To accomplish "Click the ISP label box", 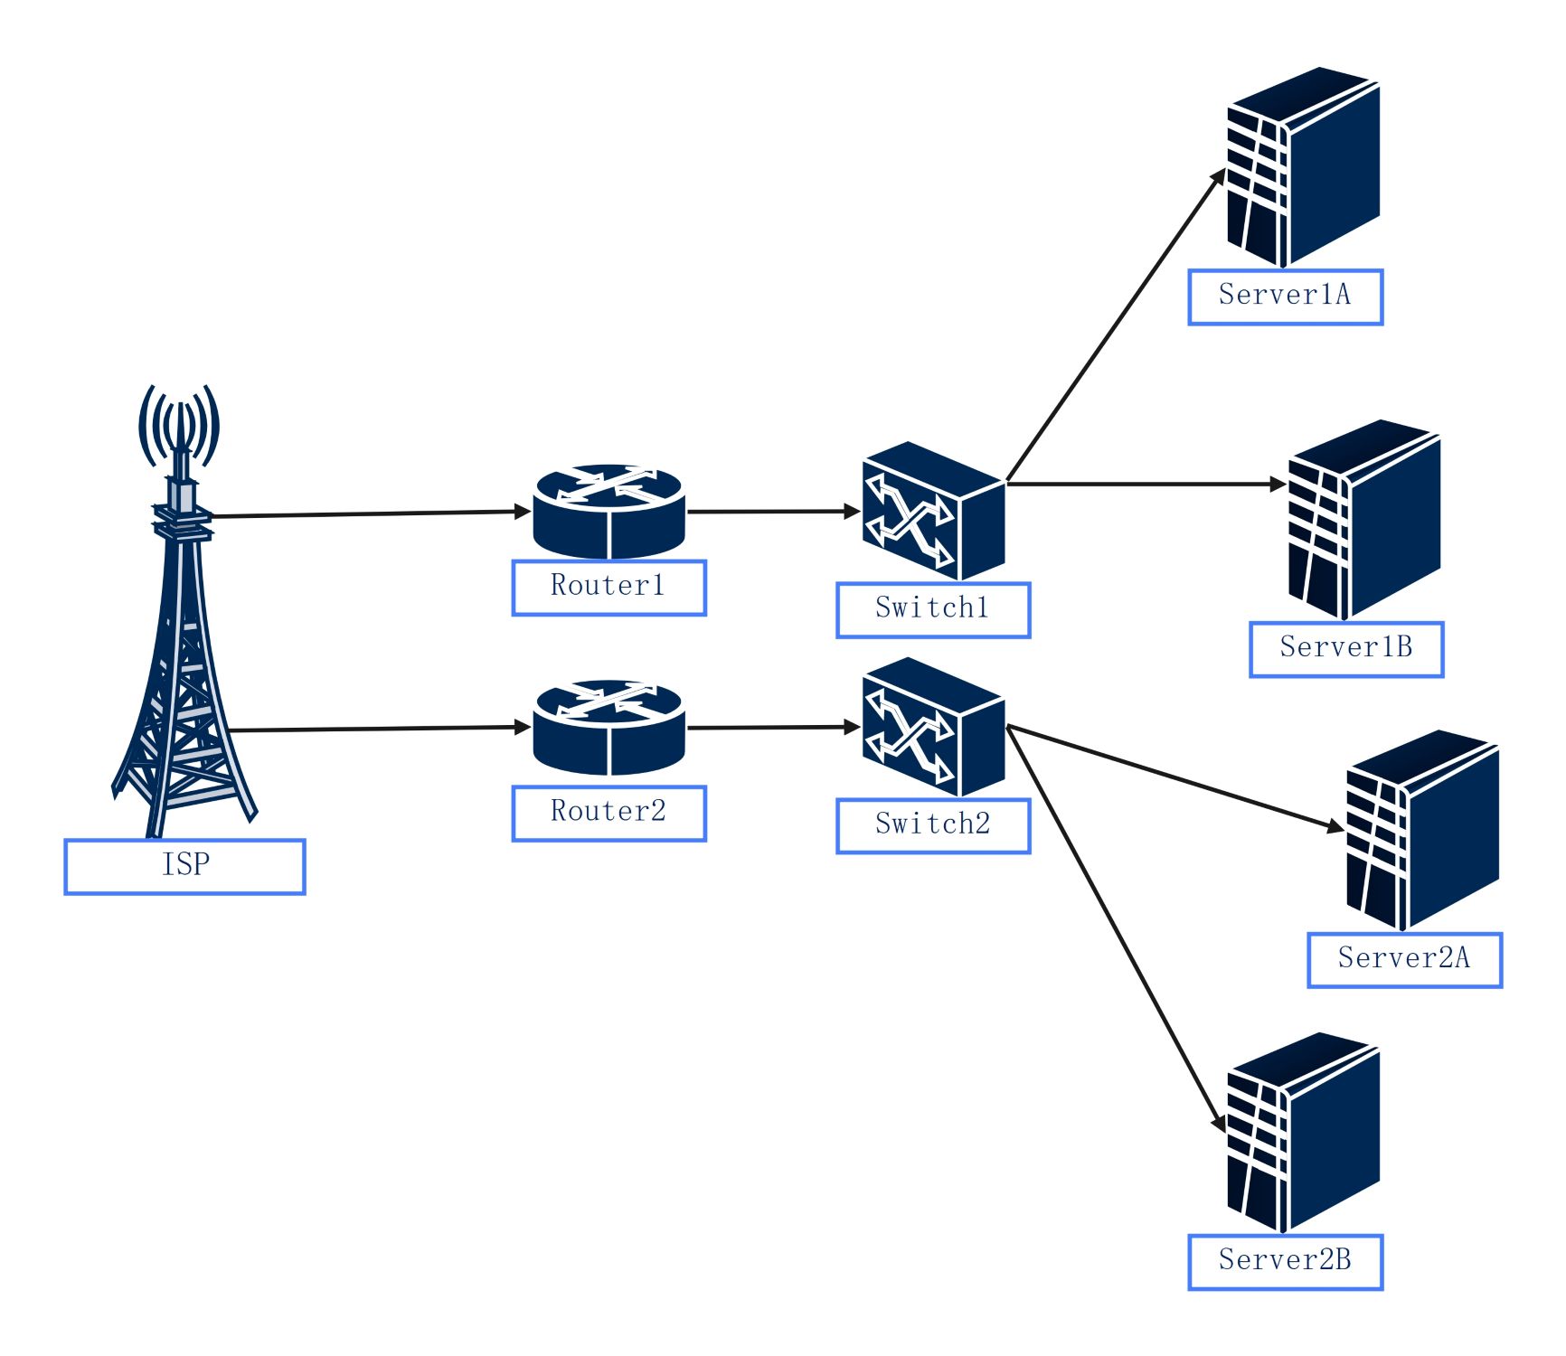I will [x=184, y=866].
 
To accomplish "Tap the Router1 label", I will [x=608, y=588].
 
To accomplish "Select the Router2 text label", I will [x=608, y=813].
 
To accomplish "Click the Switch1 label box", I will [x=933, y=609].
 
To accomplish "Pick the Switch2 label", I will [x=933, y=825].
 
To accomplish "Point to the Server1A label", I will [x=1285, y=297].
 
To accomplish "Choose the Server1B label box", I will [x=1346, y=648].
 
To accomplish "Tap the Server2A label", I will [x=1404, y=959].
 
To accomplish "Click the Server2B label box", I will [x=1285, y=1261].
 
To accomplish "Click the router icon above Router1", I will [x=608, y=513].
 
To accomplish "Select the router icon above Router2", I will [x=608, y=728].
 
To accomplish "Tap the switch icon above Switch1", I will [x=933, y=511].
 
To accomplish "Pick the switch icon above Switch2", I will [x=933, y=727].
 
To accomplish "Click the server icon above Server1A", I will [x=1303, y=167].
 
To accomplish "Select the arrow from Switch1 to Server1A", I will [x=1117, y=325].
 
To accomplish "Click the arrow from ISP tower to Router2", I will [x=380, y=728].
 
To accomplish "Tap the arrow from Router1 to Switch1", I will [x=773, y=512].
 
